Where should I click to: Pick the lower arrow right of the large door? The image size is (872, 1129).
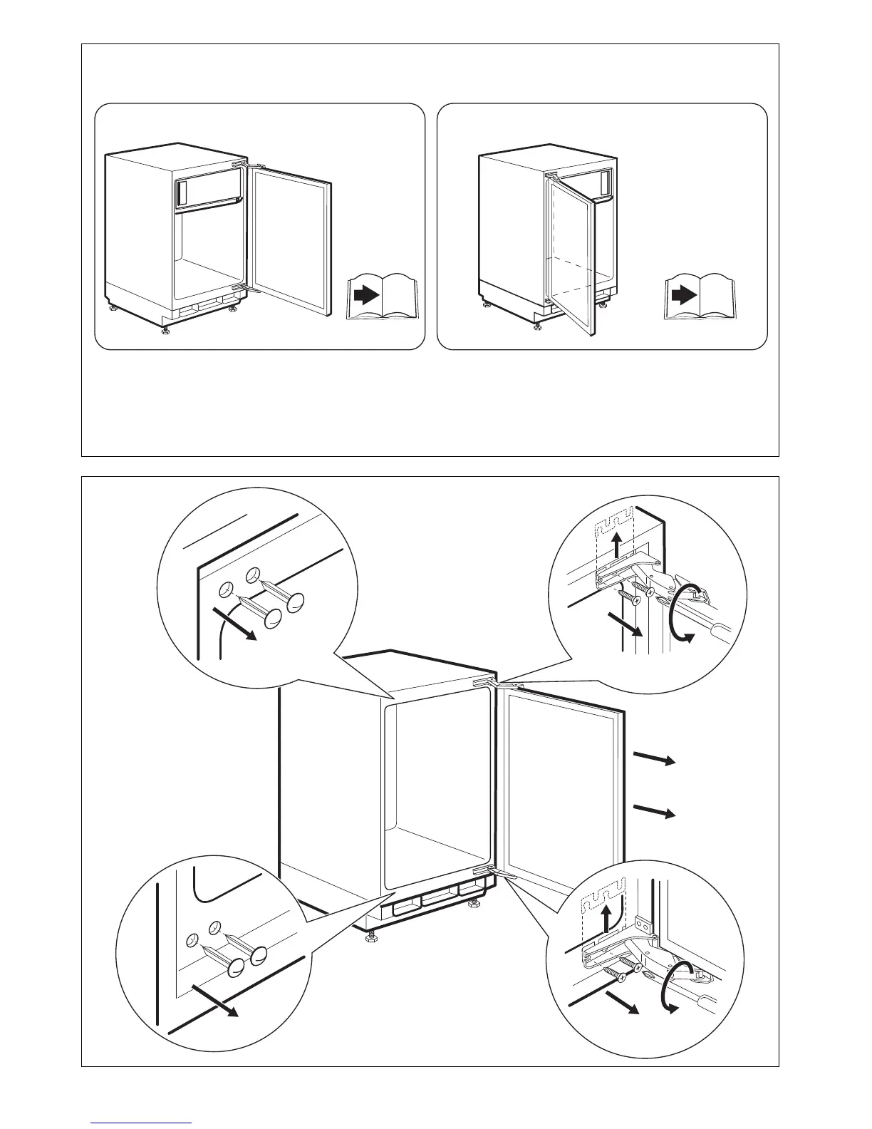[654, 810]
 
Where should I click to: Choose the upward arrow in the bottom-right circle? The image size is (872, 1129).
[606, 917]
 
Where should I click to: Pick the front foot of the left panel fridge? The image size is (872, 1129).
[165, 330]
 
